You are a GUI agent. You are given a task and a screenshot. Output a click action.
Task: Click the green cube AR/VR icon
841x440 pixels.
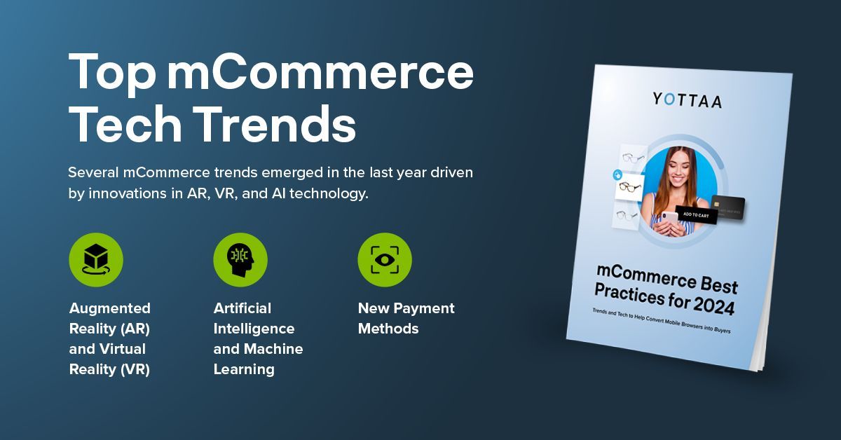click(96, 260)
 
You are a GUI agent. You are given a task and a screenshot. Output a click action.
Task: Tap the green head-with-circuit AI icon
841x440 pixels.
click(240, 260)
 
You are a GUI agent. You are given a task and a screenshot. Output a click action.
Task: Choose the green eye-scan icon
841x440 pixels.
click(385, 260)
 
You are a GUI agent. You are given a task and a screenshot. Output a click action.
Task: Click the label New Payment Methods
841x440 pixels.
click(406, 318)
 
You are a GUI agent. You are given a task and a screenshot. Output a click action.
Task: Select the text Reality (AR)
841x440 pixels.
click(109, 329)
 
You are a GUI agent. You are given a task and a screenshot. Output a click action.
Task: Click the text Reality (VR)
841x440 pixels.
click(109, 369)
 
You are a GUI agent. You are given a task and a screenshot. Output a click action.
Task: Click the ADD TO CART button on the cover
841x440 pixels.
click(695, 216)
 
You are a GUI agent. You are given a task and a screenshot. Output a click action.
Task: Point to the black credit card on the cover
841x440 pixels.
click(729, 206)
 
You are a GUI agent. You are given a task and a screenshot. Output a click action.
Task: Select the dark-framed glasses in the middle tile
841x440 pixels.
click(629, 187)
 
